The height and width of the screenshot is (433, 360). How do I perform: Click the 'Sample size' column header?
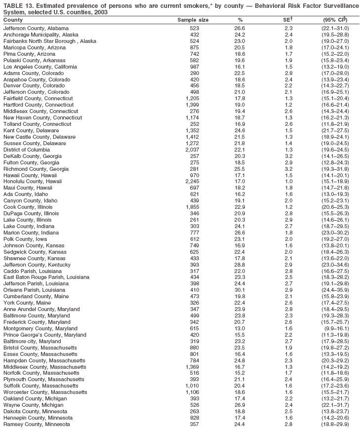click(193, 20)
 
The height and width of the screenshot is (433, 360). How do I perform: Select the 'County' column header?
click(13, 20)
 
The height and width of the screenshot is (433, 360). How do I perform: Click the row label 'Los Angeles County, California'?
click(40, 67)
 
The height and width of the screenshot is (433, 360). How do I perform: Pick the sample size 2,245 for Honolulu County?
click(192, 181)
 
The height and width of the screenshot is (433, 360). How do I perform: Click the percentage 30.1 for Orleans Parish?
click(240, 290)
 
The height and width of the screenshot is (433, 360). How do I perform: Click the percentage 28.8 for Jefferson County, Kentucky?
click(240, 265)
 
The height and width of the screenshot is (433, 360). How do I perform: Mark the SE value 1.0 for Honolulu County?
click(289, 181)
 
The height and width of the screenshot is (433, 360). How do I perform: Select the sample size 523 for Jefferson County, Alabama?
click(195, 28)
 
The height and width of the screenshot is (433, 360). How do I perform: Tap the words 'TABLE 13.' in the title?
click(18, 5)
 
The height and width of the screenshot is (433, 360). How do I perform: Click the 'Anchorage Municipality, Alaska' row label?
click(40, 35)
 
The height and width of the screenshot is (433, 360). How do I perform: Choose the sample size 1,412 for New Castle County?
click(192, 137)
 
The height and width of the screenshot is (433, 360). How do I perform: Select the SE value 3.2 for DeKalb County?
click(289, 156)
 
